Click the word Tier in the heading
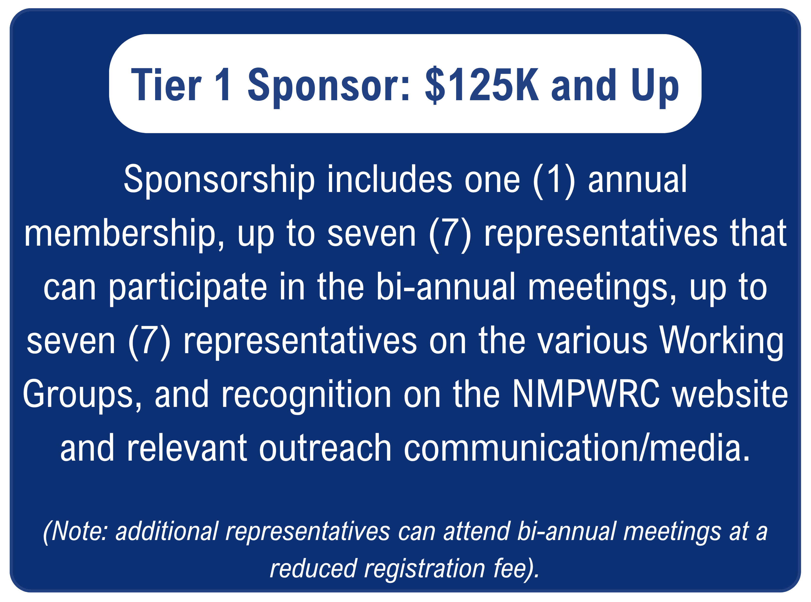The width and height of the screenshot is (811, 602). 166,85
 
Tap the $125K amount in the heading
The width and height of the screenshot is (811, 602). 482,85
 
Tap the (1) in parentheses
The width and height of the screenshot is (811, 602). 554,180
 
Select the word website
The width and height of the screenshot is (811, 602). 730,394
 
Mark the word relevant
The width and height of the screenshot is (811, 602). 187,448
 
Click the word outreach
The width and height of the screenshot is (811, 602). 326,448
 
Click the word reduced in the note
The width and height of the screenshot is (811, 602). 313,568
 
